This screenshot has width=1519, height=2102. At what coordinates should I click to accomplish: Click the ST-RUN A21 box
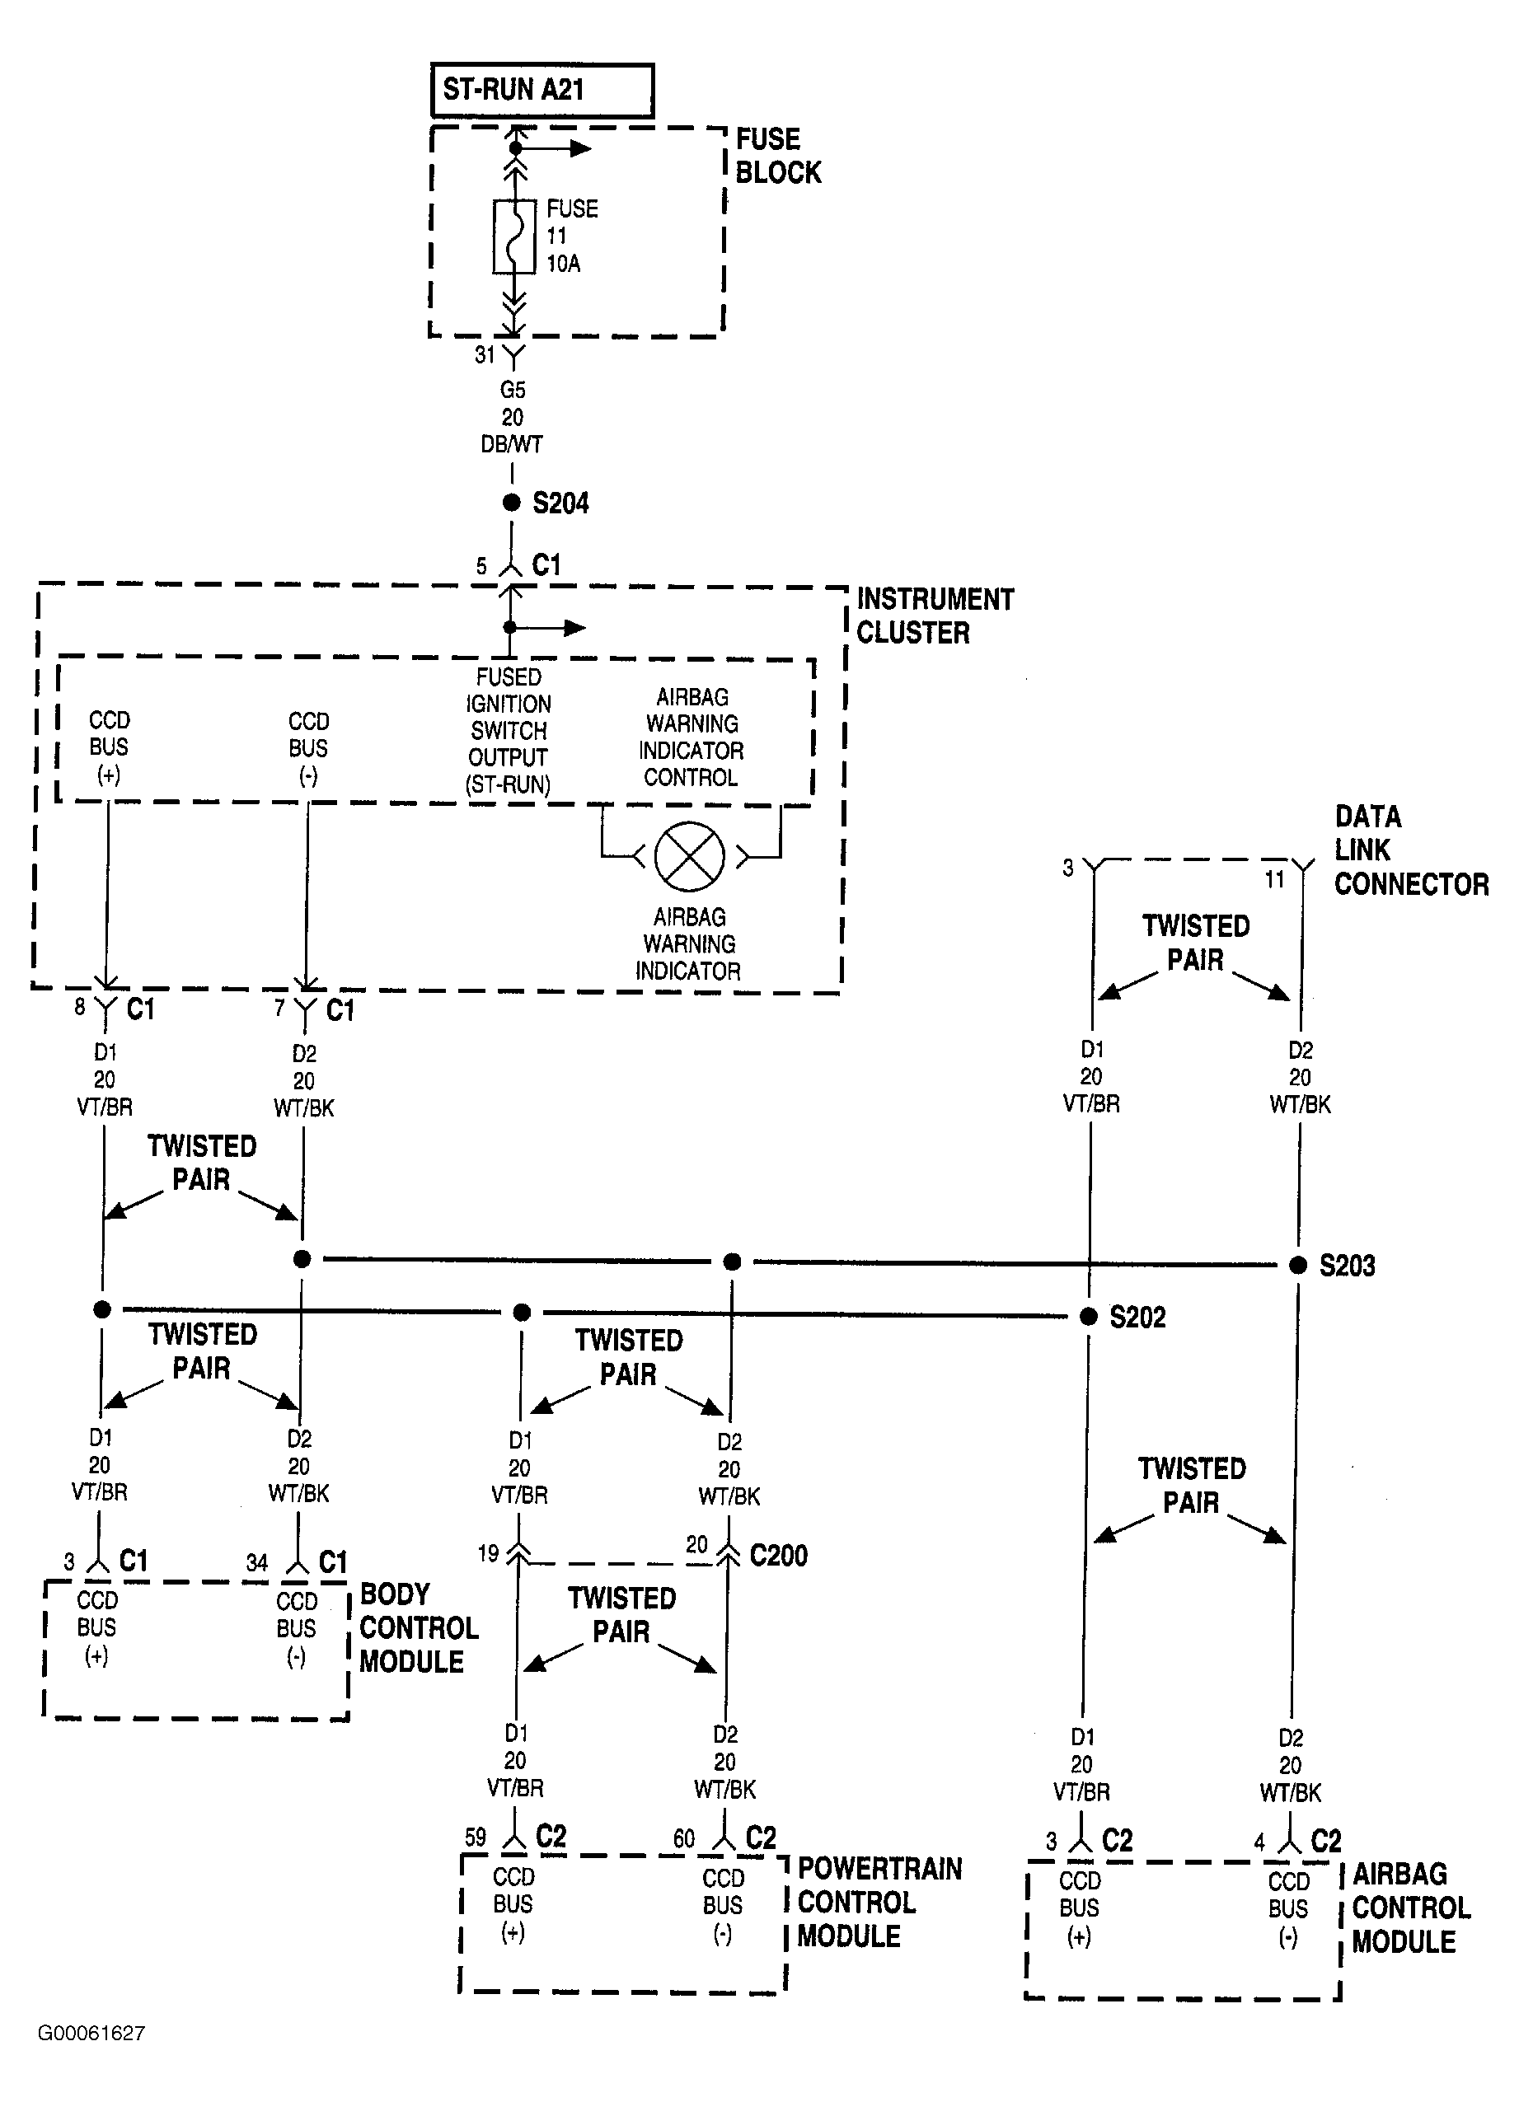pyautogui.click(x=542, y=90)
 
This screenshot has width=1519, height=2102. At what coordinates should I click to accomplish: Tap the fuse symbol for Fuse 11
pyautogui.click(x=513, y=236)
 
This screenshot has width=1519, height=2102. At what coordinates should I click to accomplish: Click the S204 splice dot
pyautogui.click(x=512, y=503)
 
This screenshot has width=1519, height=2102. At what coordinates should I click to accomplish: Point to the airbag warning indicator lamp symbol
pyautogui.click(x=690, y=856)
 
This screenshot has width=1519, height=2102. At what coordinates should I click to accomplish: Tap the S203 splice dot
pyautogui.click(x=1298, y=1265)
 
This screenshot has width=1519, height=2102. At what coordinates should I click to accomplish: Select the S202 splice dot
pyautogui.click(x=1089, y=1316)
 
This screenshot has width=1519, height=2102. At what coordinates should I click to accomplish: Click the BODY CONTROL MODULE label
pyautogui.click(x=419, y=1627)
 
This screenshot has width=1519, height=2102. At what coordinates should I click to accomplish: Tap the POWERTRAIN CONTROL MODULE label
pyautogui.click(x=879, y=1902)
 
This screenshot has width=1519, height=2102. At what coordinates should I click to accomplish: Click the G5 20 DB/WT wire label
pyautogui.click(x=512, y=417)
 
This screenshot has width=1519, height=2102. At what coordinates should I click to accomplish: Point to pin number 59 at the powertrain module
pyautogui.click(x=476, y=1837)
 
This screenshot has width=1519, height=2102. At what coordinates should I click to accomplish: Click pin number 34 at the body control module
pyautogui.click(x=256, y=1562)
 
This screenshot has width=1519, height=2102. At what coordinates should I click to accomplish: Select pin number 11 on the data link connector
pyautogui.click(x=1275, y=879)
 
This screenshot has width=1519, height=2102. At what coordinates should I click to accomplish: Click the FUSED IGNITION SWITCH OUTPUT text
pyautogui.click(x=509, y=730)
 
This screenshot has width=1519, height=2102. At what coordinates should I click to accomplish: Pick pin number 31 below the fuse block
pyautogui.click(x=485, y=354)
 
